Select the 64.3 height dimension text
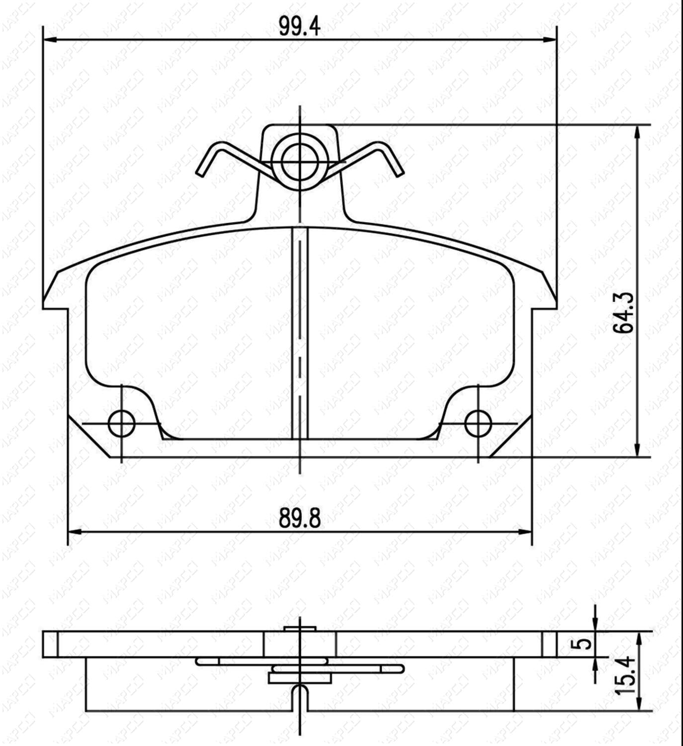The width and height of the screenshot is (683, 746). [623, 312]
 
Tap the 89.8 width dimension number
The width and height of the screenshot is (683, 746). [299, 518]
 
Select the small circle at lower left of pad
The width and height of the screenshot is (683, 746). [121, 424]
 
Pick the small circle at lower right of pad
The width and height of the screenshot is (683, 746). [478, 424]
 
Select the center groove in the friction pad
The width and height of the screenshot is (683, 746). [299, 333]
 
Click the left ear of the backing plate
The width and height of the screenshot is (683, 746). [55, 293]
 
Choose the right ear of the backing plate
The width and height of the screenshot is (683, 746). [545, 293]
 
